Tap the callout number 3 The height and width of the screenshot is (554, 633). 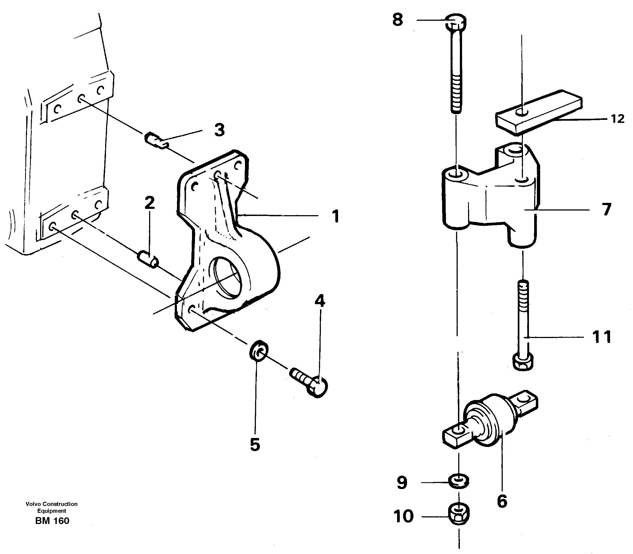tap(220, 130)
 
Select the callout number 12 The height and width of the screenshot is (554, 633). tap(617, 119)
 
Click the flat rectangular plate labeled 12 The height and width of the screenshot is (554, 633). tap(539, 112)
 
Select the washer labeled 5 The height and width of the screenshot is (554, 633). tap(259, 351)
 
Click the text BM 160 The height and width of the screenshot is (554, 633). tap(52, 521)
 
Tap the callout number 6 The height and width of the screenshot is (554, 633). tap(502, 501)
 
